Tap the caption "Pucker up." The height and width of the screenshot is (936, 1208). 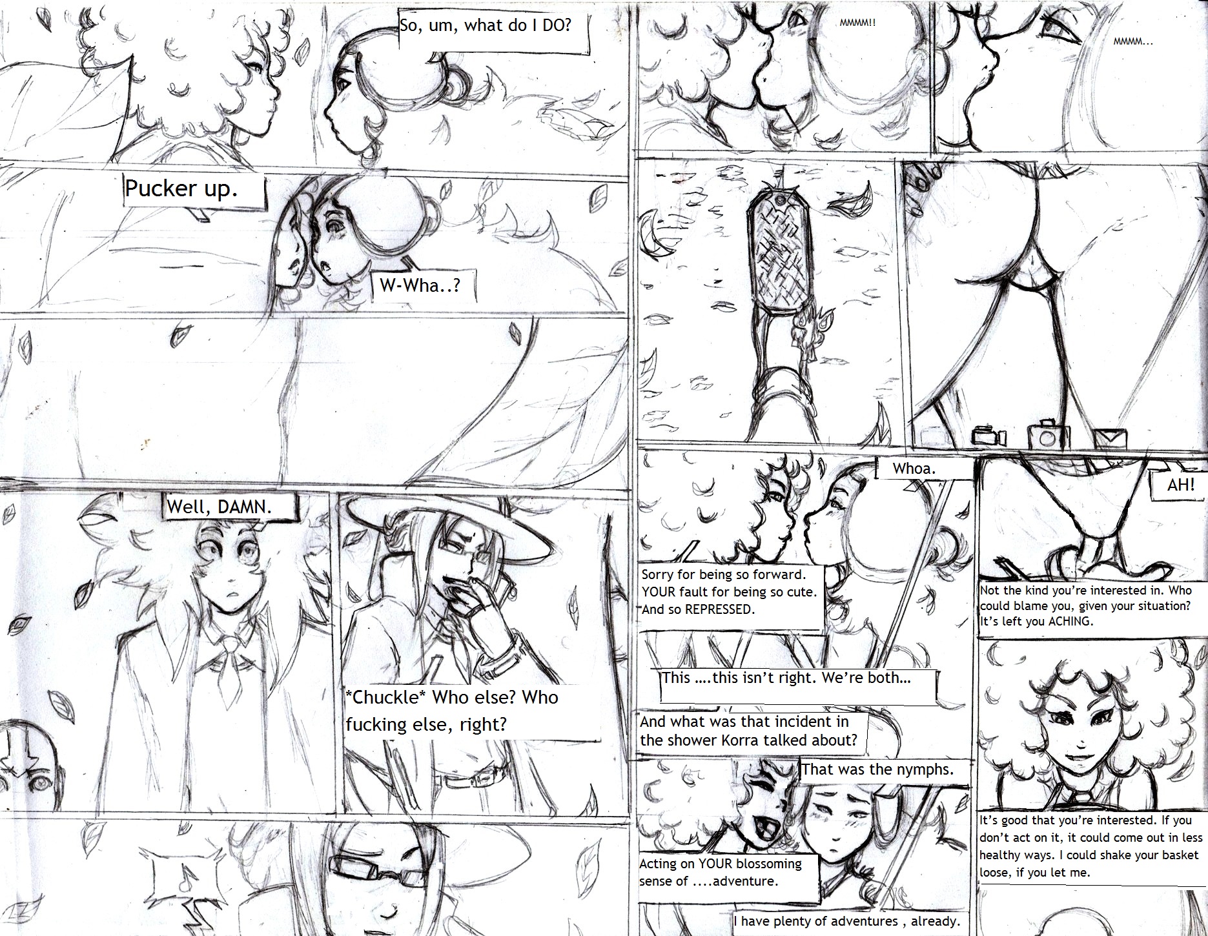(x=194, y=190)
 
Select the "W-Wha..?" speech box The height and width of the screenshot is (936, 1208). (x=424, y=286)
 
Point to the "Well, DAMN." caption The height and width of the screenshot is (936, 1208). (x=231, y=505)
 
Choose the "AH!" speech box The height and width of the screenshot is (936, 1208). (x=1180, y=485)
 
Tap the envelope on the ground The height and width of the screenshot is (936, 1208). (x=1110, y=438)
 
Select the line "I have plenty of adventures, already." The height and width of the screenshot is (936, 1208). (x=846, y=921)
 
